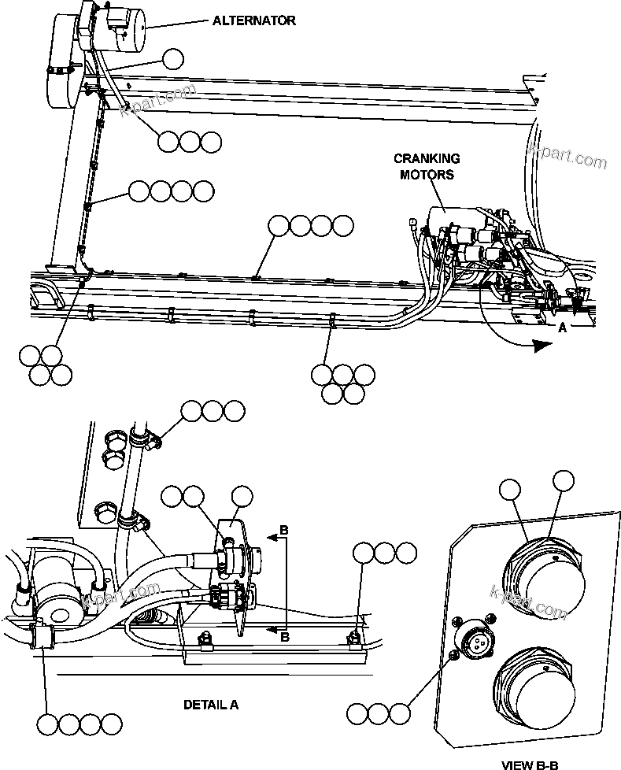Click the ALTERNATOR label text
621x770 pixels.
254,20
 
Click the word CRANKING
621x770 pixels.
426,159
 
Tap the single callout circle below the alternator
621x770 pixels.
172,58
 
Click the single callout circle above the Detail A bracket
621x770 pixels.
242,497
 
